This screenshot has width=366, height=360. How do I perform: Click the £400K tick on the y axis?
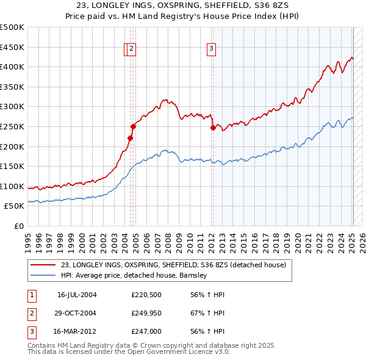[12, 67]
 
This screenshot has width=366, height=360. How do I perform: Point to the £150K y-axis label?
[12, 166]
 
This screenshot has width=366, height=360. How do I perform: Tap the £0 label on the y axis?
[20, 226]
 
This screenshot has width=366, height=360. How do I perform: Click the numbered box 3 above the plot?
[211, 50]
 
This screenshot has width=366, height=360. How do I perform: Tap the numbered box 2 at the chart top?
[132, 50]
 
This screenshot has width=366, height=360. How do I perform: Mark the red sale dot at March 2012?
[213, 128]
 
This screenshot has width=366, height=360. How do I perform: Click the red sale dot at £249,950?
[133, 126]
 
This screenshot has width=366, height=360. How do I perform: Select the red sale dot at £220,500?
[130, 139]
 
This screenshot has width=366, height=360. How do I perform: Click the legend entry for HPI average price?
[134, 275]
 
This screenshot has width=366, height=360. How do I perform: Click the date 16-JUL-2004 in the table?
[77, 295]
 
